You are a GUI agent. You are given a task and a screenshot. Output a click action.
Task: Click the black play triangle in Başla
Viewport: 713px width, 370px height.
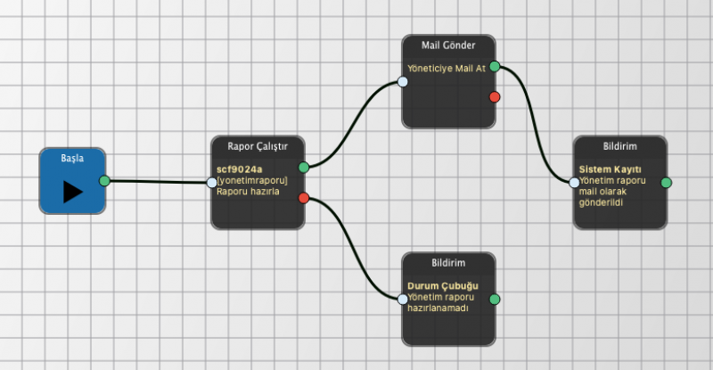[73, 192]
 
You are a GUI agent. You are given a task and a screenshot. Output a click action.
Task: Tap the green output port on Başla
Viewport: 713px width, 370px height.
[104, 181]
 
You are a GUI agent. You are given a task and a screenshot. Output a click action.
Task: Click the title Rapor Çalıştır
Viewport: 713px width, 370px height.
[258, 146]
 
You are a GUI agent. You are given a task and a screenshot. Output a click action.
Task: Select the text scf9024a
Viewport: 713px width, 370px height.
[239, 169]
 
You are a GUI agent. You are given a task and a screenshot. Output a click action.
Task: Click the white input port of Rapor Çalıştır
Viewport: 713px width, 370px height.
[212, 183]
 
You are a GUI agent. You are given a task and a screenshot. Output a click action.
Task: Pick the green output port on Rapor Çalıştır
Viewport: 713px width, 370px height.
[304, 168]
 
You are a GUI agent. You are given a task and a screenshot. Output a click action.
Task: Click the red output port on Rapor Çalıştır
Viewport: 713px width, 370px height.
[304, 198]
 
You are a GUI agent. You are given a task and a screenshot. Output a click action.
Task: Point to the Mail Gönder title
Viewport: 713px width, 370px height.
[448, 45]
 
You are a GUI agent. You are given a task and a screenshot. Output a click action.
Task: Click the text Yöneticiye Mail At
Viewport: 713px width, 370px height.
[447, 69]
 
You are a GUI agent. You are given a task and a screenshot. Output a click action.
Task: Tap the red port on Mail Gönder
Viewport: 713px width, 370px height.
[495, 96]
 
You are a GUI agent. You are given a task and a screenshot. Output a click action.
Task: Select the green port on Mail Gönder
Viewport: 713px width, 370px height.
[495, 67]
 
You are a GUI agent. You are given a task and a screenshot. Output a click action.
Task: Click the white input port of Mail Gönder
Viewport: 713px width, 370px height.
[403, 82]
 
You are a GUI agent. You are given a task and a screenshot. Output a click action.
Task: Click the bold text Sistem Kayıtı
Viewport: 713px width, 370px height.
[611, 169]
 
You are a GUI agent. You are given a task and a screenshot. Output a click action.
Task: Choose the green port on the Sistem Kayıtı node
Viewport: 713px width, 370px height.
[666, 183]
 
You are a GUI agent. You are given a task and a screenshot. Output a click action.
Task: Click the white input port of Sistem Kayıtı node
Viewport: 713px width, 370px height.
[574, 183]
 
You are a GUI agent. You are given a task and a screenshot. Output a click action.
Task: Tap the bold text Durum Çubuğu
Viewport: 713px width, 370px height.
[443, 286]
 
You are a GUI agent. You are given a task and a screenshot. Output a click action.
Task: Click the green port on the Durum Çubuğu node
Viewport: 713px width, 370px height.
[495, 299]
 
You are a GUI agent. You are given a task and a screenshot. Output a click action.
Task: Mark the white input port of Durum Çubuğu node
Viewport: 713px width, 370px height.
[403, 299]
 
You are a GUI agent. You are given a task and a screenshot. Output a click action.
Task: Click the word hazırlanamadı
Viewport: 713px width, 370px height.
[438, 308]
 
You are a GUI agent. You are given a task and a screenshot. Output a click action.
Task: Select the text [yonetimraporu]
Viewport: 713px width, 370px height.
[252, 181]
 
